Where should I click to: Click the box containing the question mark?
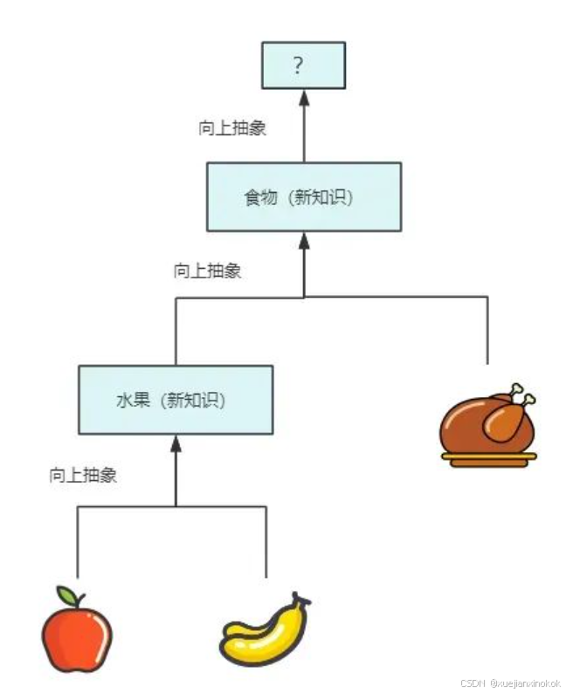(x=304, y=65)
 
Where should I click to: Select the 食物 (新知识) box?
(x=303, y=196)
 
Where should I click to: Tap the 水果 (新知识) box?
(x=175, y=400)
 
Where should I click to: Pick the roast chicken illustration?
(x=487, y=423)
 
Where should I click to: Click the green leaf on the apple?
(x=68, y=595)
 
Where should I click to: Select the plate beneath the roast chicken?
(x=487, y=459)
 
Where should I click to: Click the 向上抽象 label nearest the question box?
(x=232, y=127)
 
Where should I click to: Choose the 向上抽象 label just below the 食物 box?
(x=207, y=271)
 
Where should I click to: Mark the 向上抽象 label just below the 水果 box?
(x=83, y=476)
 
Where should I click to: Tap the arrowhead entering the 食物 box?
(x=304, y=239)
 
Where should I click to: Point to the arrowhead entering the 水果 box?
(x=176, y=443)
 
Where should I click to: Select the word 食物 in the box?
(x=259, y=197)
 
